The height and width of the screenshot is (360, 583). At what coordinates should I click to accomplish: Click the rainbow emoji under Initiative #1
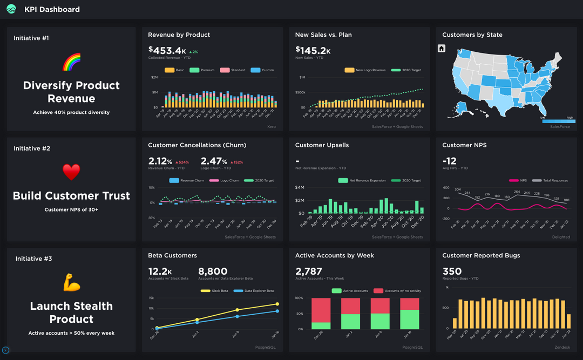(71, 62)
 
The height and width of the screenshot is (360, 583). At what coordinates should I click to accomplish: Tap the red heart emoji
(71, 172)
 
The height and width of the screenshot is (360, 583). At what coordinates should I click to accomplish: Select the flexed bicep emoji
(71, 282)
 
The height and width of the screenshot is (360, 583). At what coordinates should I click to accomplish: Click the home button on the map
(441, 49)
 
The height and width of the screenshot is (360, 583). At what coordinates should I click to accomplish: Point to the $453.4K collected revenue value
(167, 50)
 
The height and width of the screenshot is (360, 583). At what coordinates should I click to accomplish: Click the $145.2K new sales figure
(313, 50)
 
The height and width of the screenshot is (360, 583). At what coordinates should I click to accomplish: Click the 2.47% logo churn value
(214, 161)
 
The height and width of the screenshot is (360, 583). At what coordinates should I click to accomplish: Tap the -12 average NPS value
(449, 161)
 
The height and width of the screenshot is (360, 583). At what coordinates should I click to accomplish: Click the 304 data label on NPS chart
(457, 189)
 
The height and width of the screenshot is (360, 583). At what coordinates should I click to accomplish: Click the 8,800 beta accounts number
(213, 271)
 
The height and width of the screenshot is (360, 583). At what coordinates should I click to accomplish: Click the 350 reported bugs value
(452, 271)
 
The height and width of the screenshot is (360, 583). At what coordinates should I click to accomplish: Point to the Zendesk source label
(562, 347)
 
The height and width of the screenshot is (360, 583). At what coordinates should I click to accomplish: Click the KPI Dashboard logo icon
(11, 9)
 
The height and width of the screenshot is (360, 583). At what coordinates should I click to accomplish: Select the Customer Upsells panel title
(322, 145)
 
